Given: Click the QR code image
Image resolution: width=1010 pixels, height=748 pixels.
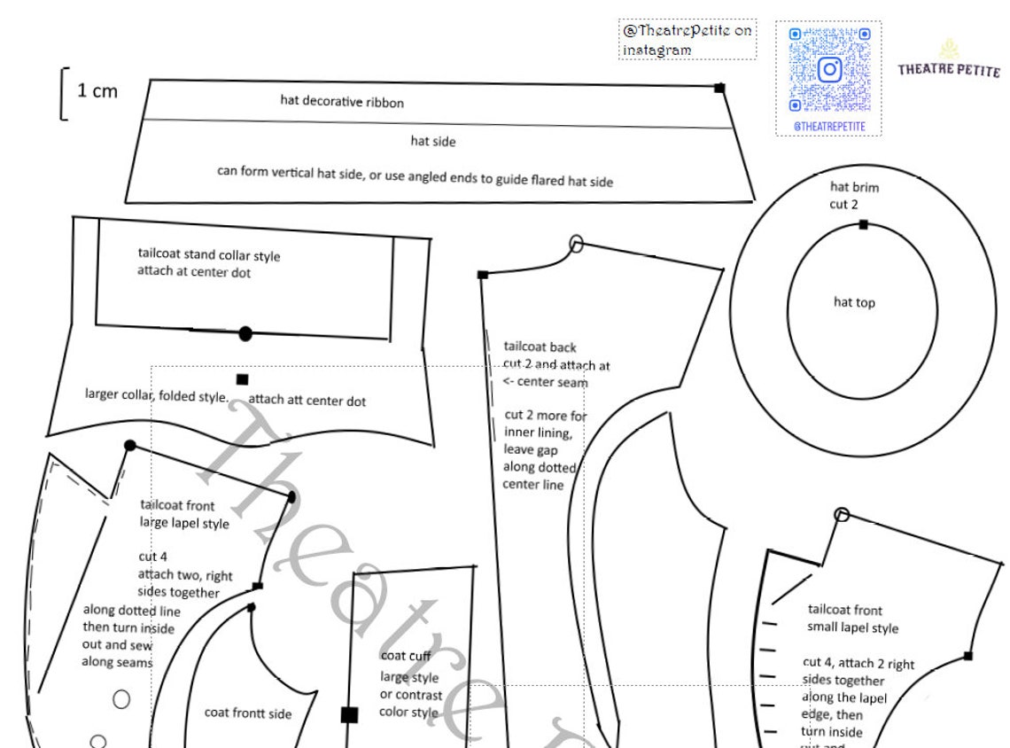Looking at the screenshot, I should click(828, 70).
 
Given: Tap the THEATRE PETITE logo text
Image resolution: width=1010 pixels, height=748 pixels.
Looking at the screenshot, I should click(948, 68).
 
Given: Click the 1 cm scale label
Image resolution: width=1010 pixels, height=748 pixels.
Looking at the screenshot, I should click(97, 90).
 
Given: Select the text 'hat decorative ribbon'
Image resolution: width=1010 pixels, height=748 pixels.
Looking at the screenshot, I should click(342, 102).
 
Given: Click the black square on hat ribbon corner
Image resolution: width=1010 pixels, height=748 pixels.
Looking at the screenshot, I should click(719, 87).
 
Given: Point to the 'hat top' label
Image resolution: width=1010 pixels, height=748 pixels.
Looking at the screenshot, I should click(854, 302).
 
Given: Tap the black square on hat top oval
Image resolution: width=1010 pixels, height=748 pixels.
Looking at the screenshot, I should click(863, 224).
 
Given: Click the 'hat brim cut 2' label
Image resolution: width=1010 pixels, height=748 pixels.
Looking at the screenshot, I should click(854, 196).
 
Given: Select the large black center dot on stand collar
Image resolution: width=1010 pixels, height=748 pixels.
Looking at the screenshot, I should click(245, 334).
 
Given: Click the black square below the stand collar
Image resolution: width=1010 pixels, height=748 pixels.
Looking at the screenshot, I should click(243, 379).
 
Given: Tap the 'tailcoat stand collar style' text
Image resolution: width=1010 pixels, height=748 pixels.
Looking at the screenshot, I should click(209, 255).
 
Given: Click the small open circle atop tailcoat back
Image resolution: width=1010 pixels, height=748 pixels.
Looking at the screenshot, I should click(577, 244).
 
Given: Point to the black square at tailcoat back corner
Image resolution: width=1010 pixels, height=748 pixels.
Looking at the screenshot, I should click(483, 275).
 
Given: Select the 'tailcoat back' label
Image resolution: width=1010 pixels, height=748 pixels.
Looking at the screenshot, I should click(540, 347).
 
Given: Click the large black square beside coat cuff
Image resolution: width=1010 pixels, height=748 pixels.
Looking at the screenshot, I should click(349, 715).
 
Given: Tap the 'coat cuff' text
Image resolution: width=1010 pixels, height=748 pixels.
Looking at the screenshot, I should click(406, 656).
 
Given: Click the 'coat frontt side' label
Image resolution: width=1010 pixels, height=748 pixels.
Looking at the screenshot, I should click(248, 713).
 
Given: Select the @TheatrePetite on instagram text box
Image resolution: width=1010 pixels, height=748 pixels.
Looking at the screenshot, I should click(688, 40).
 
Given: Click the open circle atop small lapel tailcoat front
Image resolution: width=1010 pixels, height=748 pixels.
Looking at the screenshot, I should click(842, 514).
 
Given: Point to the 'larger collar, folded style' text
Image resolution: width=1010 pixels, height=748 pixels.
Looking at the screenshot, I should click(157, 394).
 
